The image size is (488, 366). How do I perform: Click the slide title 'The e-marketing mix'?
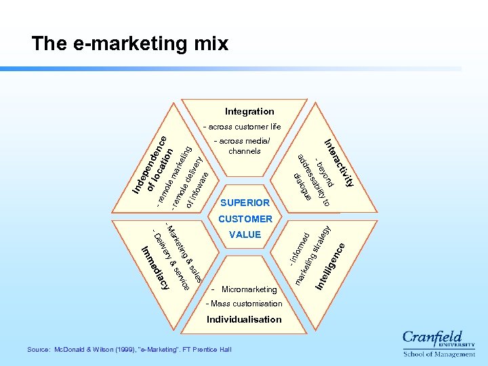click(x=130, y=44)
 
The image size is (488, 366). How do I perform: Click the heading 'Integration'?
click(x=249, y=111)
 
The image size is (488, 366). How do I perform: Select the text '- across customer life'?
click(x=245, y=127)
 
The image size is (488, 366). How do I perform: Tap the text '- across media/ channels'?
click(x=244, y=146)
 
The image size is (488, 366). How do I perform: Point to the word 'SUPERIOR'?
click(x=245, y=203)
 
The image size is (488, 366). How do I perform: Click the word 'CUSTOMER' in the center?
click(x=245, y=219)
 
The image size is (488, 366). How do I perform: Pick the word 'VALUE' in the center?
click(x=245, y=235)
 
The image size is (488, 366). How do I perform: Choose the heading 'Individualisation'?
click(x=244, y=319)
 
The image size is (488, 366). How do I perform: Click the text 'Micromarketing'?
click(x=249, y=289)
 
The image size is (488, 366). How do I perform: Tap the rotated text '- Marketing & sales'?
click(x=184, y=251)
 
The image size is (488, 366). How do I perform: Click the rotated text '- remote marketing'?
click(x=173, y=172)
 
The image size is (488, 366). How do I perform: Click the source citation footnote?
click(x=129, y=349)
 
